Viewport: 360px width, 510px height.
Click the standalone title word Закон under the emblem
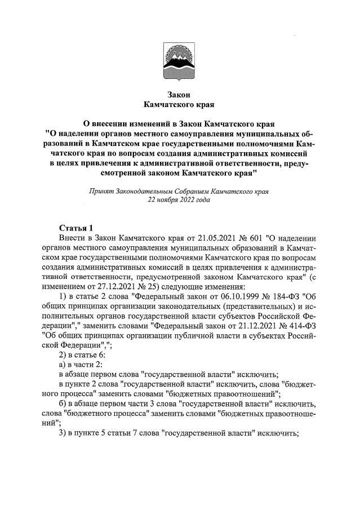pos(180,94)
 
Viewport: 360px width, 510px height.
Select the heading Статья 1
pos(76,228)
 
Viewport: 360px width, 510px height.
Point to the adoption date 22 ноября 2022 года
pos(179,199)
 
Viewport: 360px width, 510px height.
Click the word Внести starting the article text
pos(72,238)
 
